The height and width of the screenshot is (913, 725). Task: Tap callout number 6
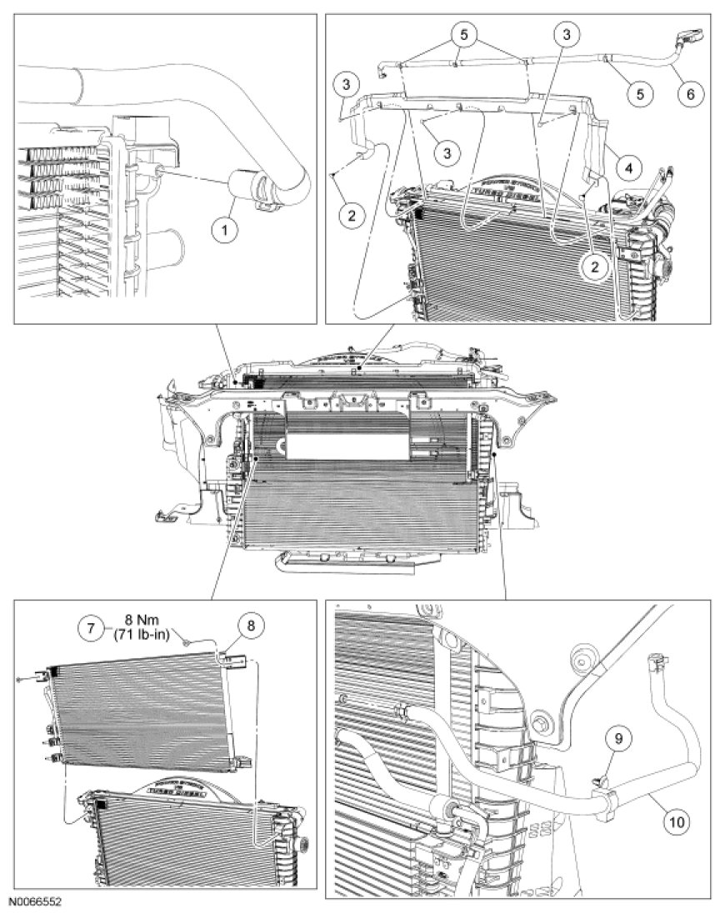(689, 93)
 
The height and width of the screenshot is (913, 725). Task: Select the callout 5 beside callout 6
(640, 93)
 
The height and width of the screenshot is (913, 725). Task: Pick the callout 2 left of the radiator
(352, 215)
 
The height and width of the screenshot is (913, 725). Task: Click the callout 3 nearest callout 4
(567, 34)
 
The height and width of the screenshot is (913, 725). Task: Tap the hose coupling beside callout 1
(253, 187)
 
